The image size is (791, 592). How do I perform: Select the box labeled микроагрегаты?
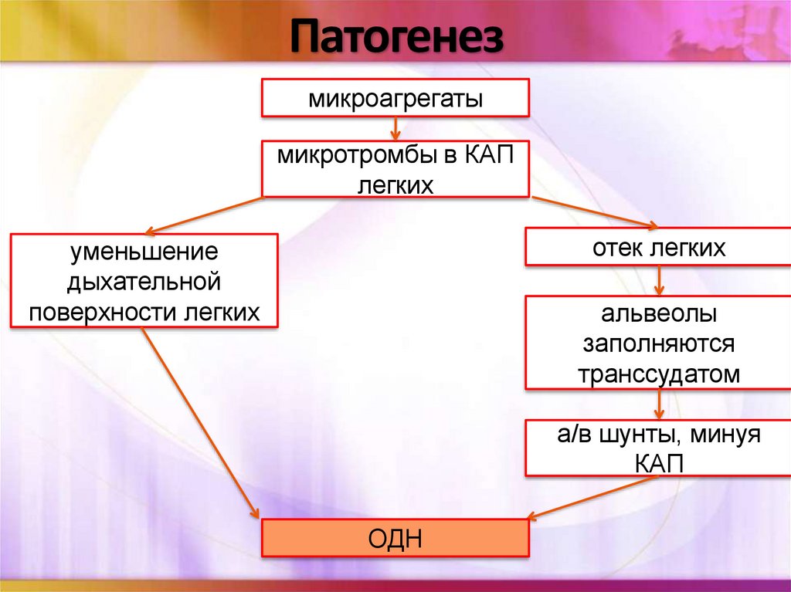[395, 98]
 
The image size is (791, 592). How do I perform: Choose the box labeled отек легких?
[658, 247]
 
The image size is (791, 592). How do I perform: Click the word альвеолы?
[658, 315]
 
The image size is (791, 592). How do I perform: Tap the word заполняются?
[658, 343]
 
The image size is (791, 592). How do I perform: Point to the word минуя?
[723, 434]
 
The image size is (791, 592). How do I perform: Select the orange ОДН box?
[395, 538]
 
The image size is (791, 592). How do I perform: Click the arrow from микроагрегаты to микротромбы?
[395, 129]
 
